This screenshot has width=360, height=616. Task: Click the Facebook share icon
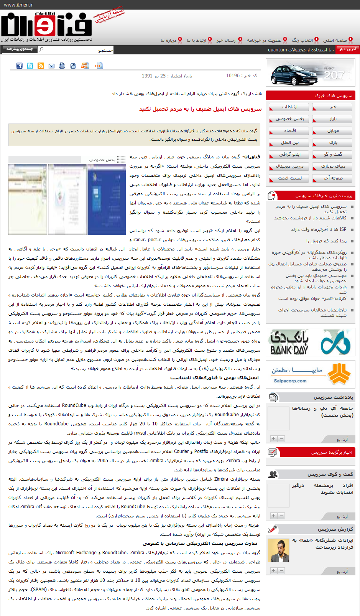pos(19,66)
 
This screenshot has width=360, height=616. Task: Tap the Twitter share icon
pos(30,66)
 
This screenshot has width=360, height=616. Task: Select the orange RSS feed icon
pos(41,66)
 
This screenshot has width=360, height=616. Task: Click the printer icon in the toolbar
pos(62,66)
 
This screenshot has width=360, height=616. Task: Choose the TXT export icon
pos(99,66)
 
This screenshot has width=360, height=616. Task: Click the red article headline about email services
pos(200,109)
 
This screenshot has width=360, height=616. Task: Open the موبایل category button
pos(332,131)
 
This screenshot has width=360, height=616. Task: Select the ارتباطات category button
pos(289,107)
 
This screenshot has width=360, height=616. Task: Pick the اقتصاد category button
pos(289,131)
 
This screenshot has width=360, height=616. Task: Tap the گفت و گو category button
pos(332,155)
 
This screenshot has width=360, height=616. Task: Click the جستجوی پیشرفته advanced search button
pos(19,49)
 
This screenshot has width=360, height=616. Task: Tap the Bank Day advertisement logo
pos(311,343)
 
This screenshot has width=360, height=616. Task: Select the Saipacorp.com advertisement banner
pos(311,374)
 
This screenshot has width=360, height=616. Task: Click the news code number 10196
pos(233,76)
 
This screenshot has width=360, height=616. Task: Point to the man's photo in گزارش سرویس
pos(278,550)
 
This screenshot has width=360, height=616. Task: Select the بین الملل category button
pos(289,143)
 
